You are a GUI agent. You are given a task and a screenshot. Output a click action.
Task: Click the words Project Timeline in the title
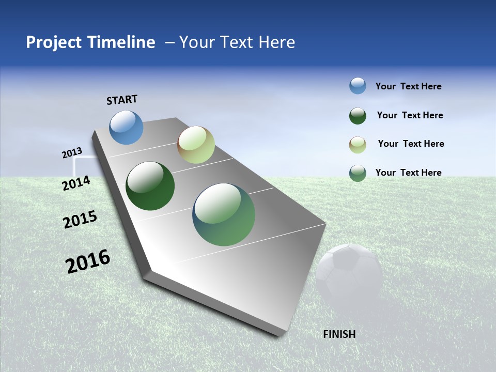pyautogui.click(x=90, y=42)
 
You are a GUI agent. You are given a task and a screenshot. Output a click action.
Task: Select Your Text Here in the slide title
pyautogui.click(x=237, y=42)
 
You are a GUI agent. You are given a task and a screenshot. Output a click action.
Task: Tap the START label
pyautogui.click(x=122, y=100)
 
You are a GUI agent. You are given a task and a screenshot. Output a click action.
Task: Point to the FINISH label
pyautogui.click(x=339, y=334)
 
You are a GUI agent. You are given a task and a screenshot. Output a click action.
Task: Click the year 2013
pyautogui.click(x=72, y=153)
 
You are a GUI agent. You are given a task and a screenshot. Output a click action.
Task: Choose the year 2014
pyautogui.click(x=76, y=183)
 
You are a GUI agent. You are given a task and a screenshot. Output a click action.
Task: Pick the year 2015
pyautogui.click(x=80, y=220)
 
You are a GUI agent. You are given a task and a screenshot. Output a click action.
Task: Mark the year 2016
pyautogui.click(x=88, y=261)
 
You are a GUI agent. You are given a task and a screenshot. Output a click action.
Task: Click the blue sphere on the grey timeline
pyautogui.click(x=126, y=127)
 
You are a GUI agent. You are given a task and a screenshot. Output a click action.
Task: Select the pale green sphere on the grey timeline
pyautogui.click(x=196, y=145)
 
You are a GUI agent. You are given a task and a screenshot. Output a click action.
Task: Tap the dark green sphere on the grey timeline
pyautogui.click(x=150, y=186)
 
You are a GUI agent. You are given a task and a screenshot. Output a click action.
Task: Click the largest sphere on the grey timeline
pyautogui.click(x=224, y=214)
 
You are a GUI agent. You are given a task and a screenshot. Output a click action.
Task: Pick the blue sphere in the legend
pyautogui.click(x=358, y=86)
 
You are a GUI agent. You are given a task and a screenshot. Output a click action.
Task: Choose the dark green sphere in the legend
pyautogui.click(x=358, y=115)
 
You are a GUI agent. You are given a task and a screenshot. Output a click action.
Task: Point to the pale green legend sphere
pyautogui.click(x=358, y=144)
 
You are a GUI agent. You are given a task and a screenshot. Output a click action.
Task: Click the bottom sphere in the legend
pyautogui.click(x=358, y=173)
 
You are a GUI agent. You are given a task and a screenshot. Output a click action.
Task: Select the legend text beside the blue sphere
pyautogui.click(x=408, y=86)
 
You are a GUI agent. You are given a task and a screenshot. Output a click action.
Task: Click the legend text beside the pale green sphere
pyautogui.click(x=411, y=144)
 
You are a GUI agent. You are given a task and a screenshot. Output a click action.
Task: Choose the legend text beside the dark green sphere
pyautogui.click(x=410, y=115)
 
